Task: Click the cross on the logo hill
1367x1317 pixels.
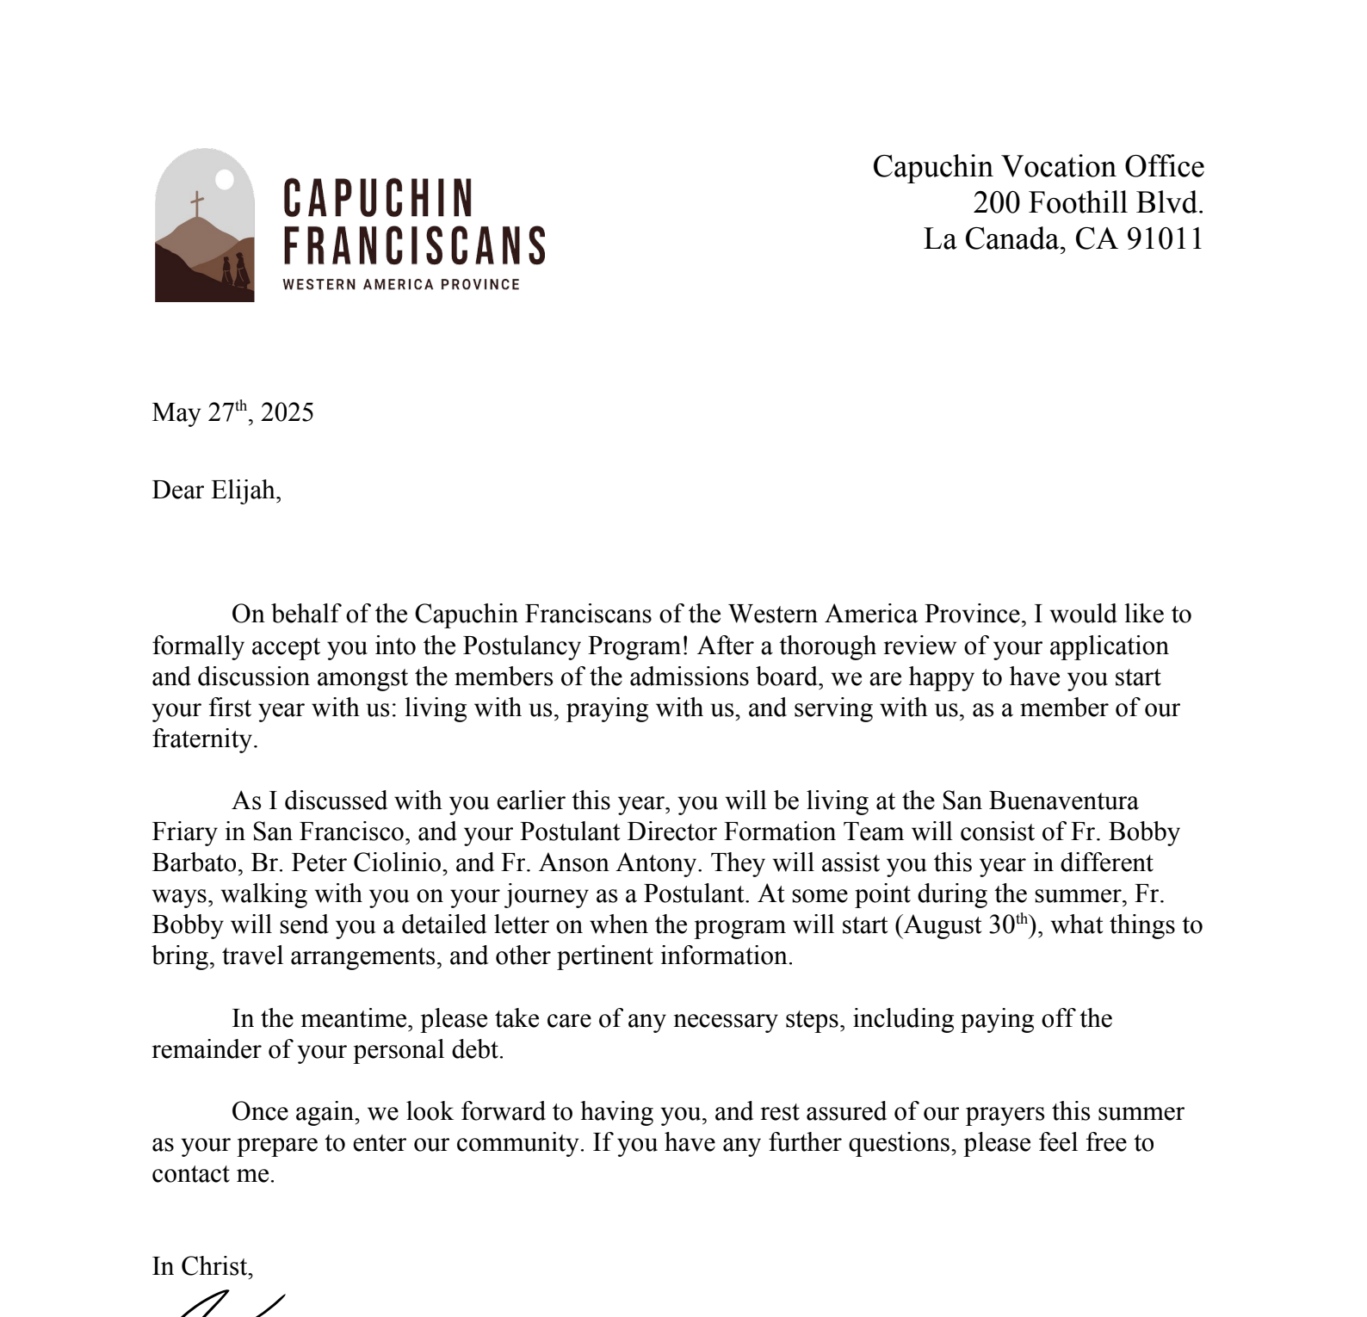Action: click(x=197, y=205)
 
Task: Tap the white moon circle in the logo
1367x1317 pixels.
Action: click(x=224, y=179)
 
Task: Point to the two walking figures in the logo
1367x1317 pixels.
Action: click(x=235, y=269)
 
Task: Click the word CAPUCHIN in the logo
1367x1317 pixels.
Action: click(x=378, y=199)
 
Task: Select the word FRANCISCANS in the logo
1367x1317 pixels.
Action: click(x=414, y=245)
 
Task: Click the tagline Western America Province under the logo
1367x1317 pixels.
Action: click(x=401, y=285)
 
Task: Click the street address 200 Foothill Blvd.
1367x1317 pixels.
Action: click(x=1088, y=202)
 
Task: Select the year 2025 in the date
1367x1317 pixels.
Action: click(x=288, y=412)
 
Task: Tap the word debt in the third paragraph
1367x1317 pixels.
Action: click(x=478, y=1049)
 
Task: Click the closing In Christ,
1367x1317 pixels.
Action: click(x=202, y=1266)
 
